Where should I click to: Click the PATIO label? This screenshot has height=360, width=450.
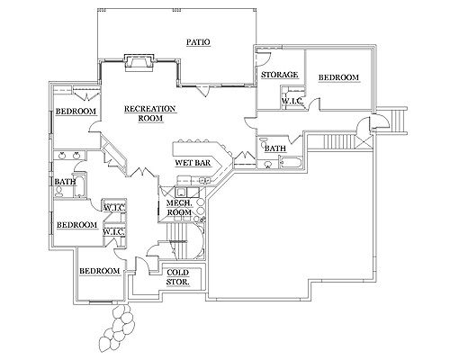pos(198,42)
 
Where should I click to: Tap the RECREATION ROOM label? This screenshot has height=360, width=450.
pos(150,113)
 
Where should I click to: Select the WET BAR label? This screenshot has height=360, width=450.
pos(193,163)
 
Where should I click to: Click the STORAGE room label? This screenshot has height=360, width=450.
pos(279,75)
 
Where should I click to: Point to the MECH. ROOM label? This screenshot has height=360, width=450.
pos(179,208)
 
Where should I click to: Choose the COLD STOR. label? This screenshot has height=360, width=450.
pos(178,277)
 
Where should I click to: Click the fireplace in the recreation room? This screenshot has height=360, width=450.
pos(139,63)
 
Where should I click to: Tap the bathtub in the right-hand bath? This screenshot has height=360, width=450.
pos(291,162)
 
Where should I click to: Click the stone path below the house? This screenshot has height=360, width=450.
pos(117,328)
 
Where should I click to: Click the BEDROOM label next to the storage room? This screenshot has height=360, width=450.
pos(338,77)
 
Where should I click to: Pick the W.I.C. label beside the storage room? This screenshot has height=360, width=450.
pos(292,101)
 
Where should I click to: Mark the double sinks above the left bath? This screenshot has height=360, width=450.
pos(69,156)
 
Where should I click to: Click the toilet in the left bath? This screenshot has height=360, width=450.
pos(59,191)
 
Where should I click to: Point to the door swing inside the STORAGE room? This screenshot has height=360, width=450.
pos(263,58)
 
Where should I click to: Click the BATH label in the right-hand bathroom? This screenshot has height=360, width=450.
pos(275,148)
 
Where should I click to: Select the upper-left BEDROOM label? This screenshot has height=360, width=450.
pos(76,112)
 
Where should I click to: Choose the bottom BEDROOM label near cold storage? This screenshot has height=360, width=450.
pos(100,271)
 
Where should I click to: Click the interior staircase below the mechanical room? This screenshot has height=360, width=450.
pos(180,240)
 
